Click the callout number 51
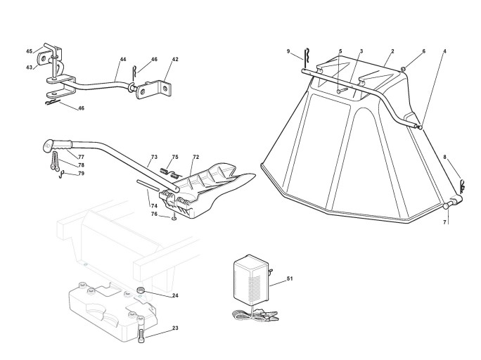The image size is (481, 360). tap(290, 280)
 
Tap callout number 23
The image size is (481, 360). tap(175, 328)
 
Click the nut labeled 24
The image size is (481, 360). tap(141, 291)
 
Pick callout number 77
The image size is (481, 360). tap(82, 156)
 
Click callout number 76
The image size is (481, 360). tap(154, 214)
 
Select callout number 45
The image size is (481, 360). tap(30, 51)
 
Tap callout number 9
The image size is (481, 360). tap(288, 51)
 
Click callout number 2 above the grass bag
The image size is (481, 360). tap(392, 51)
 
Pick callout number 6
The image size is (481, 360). tap(424, 51)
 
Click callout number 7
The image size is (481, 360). tap(444, 222)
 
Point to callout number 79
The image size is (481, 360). tap(82, 173)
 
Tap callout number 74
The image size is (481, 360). tap(153, 205)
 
